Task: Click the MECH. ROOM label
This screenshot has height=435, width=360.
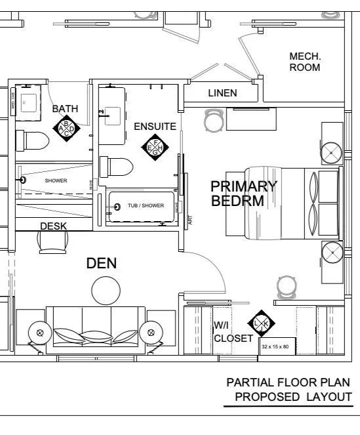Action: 305,62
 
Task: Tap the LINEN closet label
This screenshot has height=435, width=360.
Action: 222,93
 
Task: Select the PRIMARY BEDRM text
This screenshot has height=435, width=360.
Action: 243,194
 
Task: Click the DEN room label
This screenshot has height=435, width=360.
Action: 102,264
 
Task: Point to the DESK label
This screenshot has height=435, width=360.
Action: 53,226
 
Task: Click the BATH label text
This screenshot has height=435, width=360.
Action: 66,108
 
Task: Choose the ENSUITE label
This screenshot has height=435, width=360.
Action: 155,126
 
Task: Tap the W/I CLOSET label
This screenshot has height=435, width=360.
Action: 233,332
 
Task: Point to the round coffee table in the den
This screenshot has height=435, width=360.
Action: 106,289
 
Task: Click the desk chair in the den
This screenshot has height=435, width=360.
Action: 52,243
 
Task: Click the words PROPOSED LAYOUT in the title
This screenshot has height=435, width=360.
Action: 293,397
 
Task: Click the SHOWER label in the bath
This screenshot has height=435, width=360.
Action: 56,180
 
